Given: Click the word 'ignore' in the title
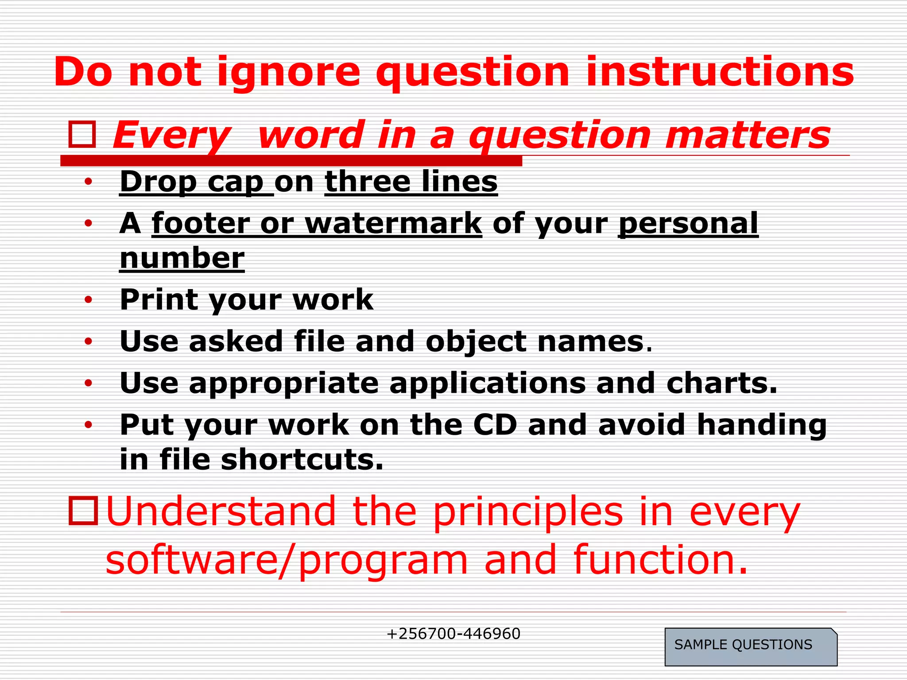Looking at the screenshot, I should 289,73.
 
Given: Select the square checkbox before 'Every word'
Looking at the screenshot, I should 82,135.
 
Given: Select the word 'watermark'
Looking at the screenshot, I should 393,223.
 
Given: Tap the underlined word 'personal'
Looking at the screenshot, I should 688,223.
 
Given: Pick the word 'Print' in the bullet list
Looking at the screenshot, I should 159,300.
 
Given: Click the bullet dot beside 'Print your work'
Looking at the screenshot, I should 89,300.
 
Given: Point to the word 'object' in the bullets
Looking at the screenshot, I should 476,342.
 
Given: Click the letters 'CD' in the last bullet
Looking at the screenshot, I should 495,425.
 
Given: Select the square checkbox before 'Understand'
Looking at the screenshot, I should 83,511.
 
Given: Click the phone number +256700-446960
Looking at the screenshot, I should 453,634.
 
